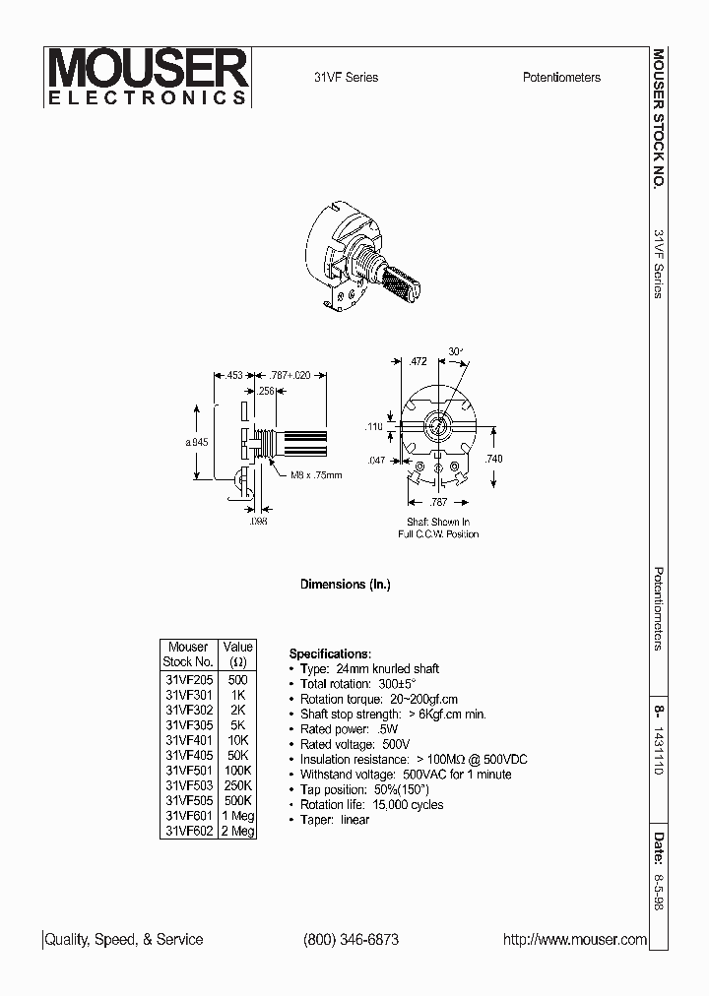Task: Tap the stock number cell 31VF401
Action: pyautogui.click(x=187, y=739)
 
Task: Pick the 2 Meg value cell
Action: pyautogui.click(x=238, y=831)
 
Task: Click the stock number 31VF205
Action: pyautogui.click(x=187, y=679)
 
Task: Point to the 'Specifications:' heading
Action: pyautogui.click(x=330, y=654)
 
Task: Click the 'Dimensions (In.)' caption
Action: pyautogui.click(x=345, y=585)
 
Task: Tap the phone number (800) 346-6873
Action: pyautogui.click(x=352, y=939)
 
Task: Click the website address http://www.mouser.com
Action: pyautogui.click(x=575, y=939)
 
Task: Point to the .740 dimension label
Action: pyautogui.click(x=493, y=459)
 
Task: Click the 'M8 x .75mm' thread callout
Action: pyautogui.click(x=316, y=474)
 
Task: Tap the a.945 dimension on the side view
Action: pyautogui.click(x=197, y=442)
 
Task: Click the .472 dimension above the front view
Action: pyautogui.click(x=418, y=362)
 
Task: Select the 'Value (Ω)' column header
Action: pyautogui.click(x=238, y=654)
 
